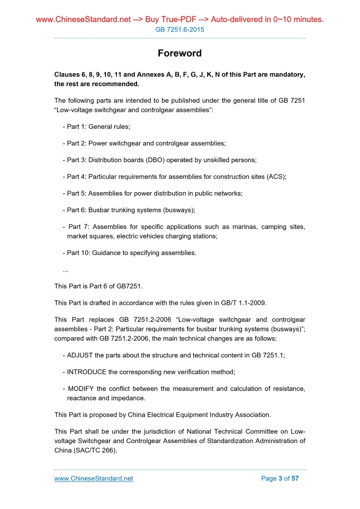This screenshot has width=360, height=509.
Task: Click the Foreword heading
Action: (x=180, y=53)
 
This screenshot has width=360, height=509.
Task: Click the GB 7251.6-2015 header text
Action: (x=180, y=30)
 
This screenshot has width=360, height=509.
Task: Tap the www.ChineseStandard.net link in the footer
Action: (x=94, y=478)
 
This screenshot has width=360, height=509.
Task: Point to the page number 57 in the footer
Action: (x=295, y=478)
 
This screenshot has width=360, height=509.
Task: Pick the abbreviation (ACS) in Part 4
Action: (x=276, y=177)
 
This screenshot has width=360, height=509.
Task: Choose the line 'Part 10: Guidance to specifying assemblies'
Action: (x=129, y=253)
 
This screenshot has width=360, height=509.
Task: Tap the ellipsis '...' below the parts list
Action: (x=65, y=270)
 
